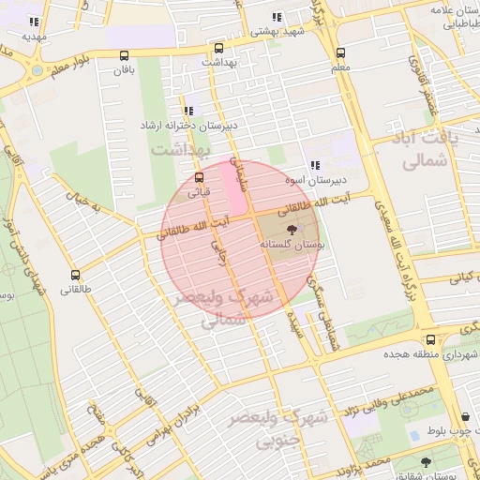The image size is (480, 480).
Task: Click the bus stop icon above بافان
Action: pyautogui.click(x=125, y=55)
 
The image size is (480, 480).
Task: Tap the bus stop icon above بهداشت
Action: pyautogui.click(x=218, y=48)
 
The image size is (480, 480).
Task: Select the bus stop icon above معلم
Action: pyautogui.click(x=340, y=53)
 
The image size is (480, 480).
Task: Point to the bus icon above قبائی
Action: pyautogui.click(x=199, y=177)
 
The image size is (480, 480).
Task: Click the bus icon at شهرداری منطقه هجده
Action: pyautogui.click(x=430, y=339)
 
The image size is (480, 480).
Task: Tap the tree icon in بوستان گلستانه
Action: pyautogui.click(x=291, y=228)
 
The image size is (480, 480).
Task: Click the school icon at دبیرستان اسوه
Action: pyautogui.click(x=314, y=165)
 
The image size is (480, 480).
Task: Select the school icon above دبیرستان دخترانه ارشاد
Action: pyautogui.click(x=189, y=111)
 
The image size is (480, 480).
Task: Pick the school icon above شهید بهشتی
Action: pyautogui.click(x=276, y=17)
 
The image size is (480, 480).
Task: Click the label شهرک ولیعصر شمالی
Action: pyautogui.click(x=238, y=307)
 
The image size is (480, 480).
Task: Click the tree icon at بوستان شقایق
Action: pyautogui.click(x=427, y=462)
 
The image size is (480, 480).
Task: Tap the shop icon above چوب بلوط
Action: pyautogui.click(x=466, y=417)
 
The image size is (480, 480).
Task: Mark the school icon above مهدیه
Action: pyautogui.click(x=35, y=22)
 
